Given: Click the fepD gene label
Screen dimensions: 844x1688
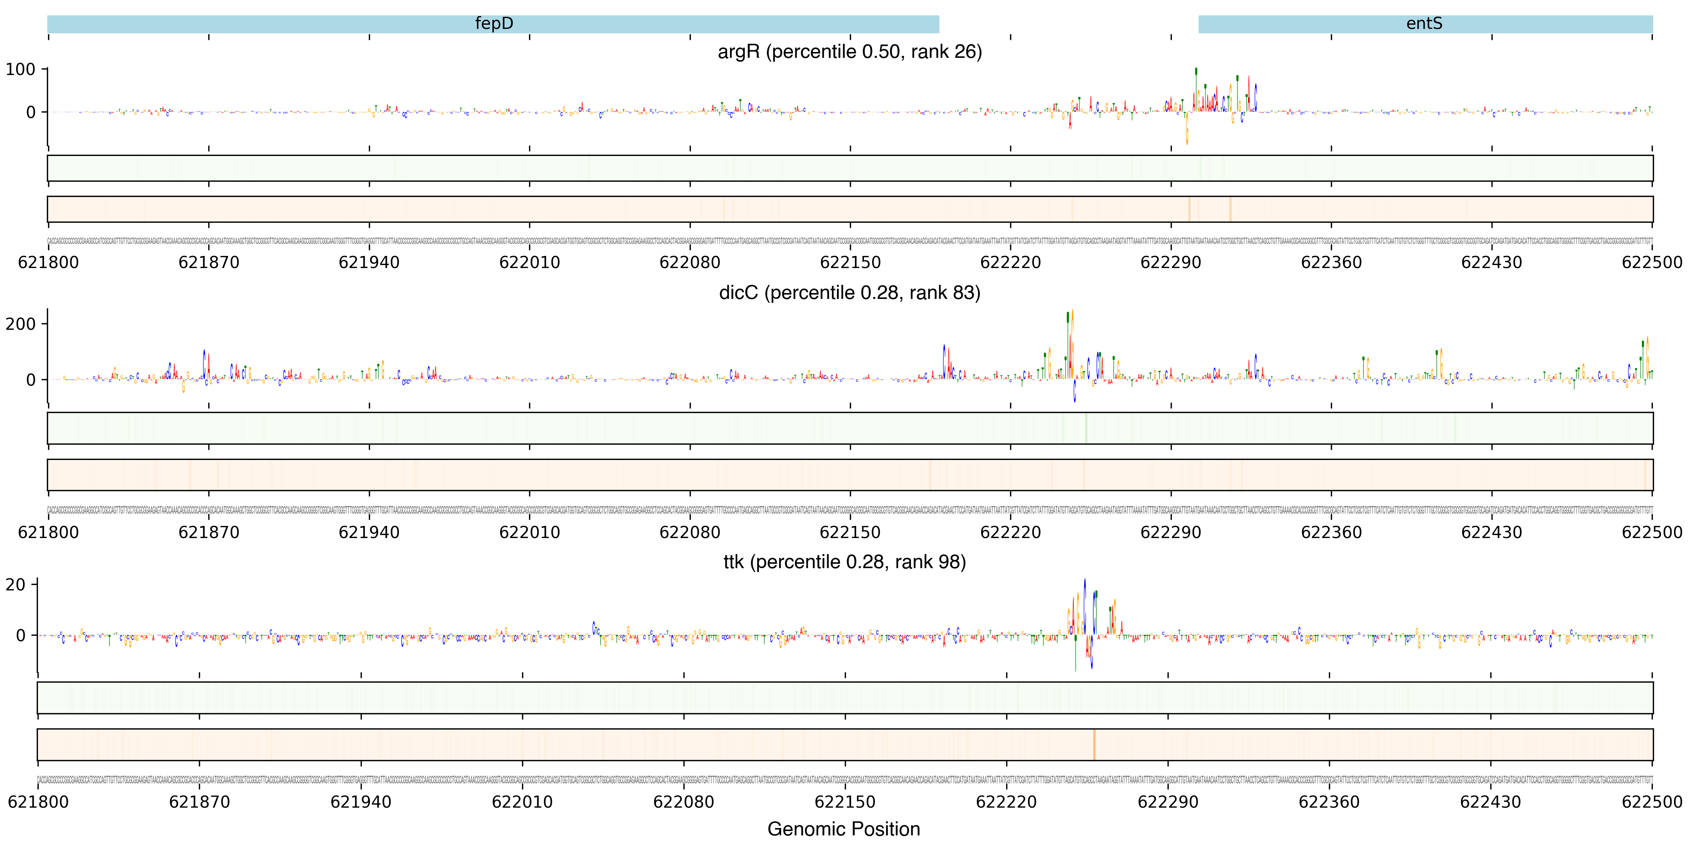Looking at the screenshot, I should pos(494,23).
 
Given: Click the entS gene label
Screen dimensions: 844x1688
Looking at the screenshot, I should pos(1424,23).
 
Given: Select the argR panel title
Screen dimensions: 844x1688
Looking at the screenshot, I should pos(849,52).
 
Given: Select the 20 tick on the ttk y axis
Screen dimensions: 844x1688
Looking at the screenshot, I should pos(15,585).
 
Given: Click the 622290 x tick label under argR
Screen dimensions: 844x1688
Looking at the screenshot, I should pos(1170,263).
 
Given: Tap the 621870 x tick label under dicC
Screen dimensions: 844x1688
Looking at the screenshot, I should pos(208,532).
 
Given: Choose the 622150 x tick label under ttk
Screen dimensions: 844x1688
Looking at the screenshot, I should pos(845,802).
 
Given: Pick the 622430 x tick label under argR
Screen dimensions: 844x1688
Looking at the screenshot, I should pos(1491,263).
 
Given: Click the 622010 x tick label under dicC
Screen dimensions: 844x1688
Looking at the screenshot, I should pos(529,532).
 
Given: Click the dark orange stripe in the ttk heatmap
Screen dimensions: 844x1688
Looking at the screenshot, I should pos(1094,744).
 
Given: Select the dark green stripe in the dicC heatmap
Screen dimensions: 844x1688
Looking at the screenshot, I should pos(1086,428).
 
